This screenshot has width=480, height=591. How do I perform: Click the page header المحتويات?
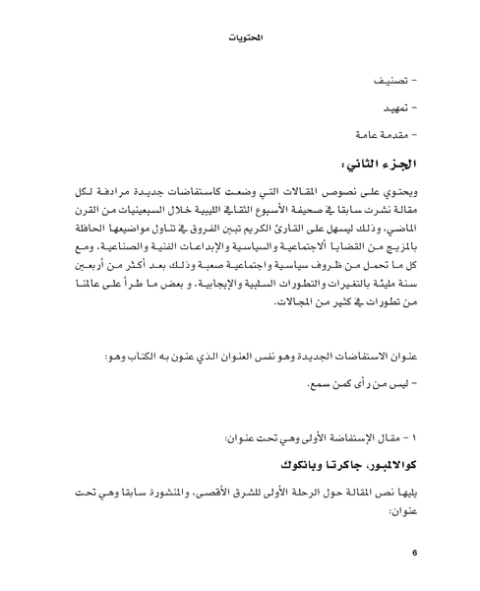pyautogui.click(x=240, y=38)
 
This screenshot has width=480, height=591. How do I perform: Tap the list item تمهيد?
pyautogui.click(x=400, y=104)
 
